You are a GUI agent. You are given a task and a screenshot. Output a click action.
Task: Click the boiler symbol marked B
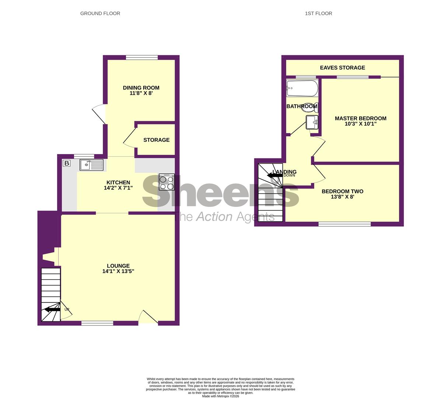tap(67, 163)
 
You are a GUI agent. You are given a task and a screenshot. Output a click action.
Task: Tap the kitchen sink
tap(91, 165)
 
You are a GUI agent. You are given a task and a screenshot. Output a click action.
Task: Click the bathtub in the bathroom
tap(302, 88)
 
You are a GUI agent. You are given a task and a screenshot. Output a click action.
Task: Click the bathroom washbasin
tap(312, 122)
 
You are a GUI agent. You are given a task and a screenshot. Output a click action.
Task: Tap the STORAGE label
tap(156, 140)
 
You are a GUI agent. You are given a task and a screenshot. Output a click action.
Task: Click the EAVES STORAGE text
tap(342, 68)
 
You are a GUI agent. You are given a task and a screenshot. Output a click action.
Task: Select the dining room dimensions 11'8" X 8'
tap(141, 94)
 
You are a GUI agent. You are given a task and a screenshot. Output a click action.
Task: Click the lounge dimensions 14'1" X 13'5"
tap(118, 271)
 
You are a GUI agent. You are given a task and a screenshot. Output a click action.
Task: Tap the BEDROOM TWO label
tap(342, 191)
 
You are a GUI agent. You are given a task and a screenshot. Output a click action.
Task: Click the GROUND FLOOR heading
tap(100, 13)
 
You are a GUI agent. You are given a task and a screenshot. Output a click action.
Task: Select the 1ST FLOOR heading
tap(318, 13)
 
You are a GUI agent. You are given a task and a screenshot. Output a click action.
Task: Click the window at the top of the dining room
tap(142, 57)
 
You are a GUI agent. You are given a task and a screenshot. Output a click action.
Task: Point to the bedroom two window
tap(344, 224)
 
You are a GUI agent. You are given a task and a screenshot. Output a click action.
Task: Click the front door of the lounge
tap(148, 318)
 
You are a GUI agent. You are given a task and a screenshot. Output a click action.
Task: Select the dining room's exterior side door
tap(99, 114)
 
